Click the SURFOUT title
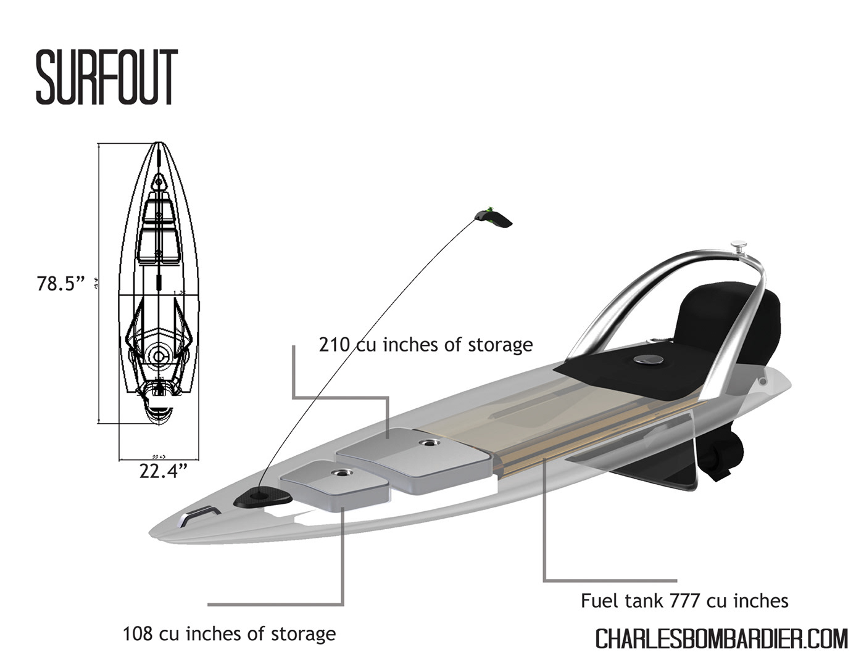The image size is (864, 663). [x=107, y=78]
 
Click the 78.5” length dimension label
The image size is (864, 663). [x=60, y=284]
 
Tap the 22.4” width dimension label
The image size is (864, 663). [x=163, y=471]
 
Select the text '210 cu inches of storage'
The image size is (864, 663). [x=425, y=344]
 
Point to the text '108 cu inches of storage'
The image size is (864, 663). [x=229, y=633]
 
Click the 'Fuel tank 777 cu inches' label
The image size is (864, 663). [x=684, y=600]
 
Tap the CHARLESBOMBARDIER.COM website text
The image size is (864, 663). [x=721, y=639]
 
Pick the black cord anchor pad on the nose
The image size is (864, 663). [x=262, y=495]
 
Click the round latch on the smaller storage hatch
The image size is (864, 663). [x=341, y=472]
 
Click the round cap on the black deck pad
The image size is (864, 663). [x=647, y=359]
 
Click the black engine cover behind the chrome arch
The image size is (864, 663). [x=734, y=321]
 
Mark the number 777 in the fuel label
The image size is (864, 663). [x=685, y=600]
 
